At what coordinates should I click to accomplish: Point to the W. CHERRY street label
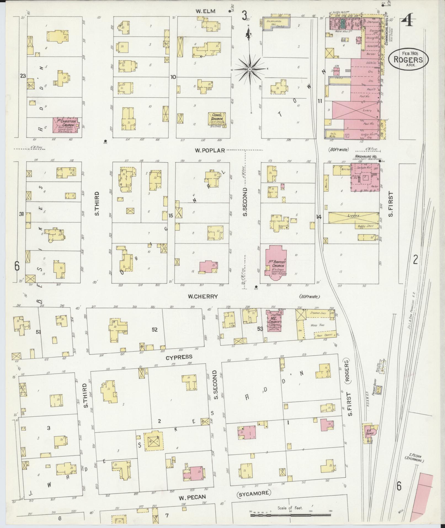(x=203, y=296)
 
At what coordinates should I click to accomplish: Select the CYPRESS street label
(x=179, y=357)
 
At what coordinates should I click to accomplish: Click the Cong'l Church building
(x=217, y=120)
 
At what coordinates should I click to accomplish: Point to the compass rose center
(x=250, y=69)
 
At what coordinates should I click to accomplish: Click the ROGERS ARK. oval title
(x=409, y=59)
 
